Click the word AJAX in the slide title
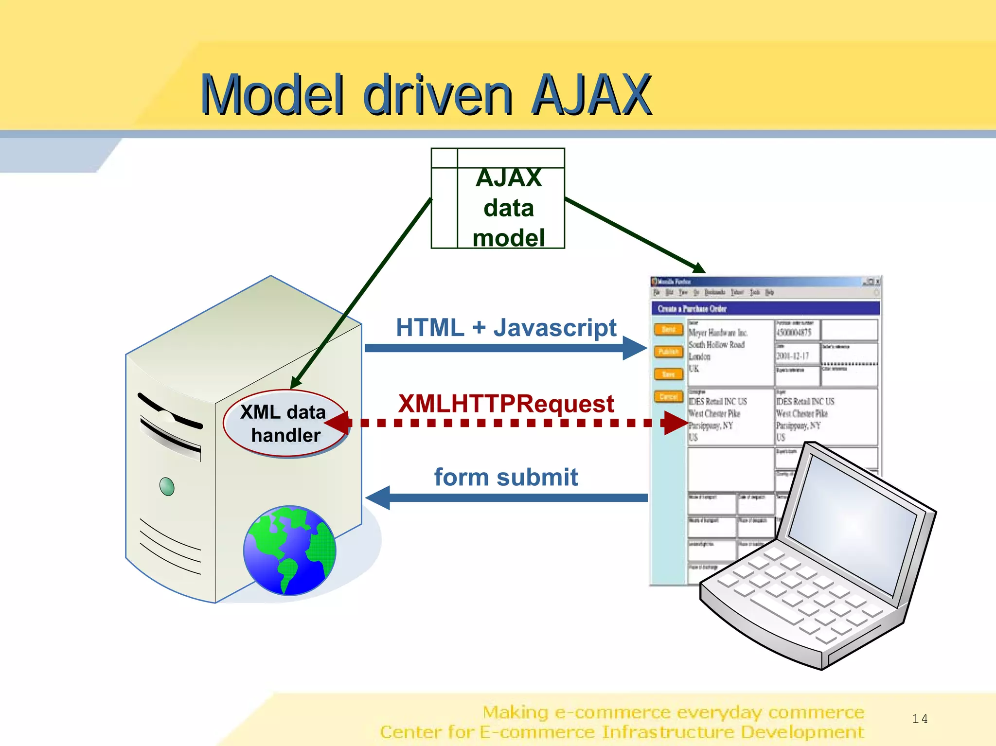pyautogui.click(x=591, y=95)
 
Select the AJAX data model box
pyautogui.click(x=498, y=198)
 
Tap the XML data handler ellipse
pyautogui.click(x=285, y=424)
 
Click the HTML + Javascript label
pyautogui.click(x=506, y=328)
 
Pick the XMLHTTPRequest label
pyautogui.click(x=506, y=404)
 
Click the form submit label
pyautogui.click(x=506, y=477)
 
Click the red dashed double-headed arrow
pyautogui.click(x=506, y=423)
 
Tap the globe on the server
pyautogui.click(x=290, y=550)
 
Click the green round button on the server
pyautogui.click(x=167, y=486)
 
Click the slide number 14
pyautogui.click(x=920, y=719)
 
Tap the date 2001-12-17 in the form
pyautogui.click(x=792, y=356)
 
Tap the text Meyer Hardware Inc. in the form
pyautogui.click(x=718, y=333)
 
